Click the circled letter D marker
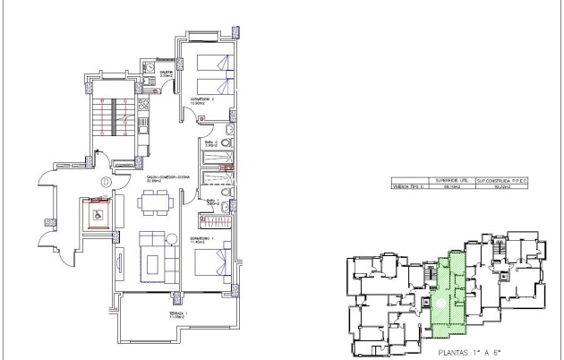coord(106,182)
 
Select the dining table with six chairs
coord(155,204)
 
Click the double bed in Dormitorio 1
coord(213,261)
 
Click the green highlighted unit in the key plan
coord(451,288)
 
